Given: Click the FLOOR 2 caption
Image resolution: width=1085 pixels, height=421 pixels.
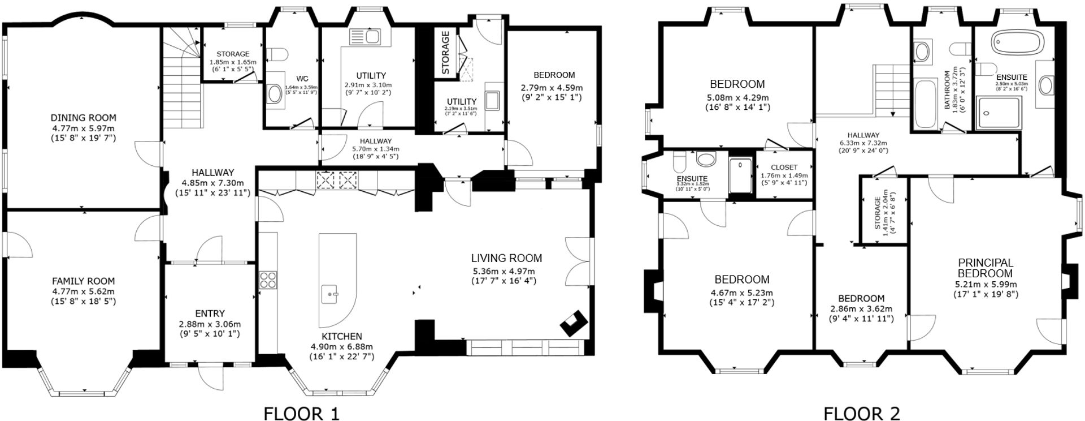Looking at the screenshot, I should click(x=861, y=413).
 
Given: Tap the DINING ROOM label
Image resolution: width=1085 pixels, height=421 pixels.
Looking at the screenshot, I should click(x=84, y=118).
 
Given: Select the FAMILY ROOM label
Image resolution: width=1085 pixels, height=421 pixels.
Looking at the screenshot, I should click(x=84, y=281).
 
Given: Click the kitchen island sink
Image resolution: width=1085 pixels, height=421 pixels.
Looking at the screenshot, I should click(x=332, y=294).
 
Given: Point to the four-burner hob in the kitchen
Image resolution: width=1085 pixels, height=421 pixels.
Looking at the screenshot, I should click(x=268, y=280).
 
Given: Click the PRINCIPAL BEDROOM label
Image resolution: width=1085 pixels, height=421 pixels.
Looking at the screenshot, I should click(x=986, y=268).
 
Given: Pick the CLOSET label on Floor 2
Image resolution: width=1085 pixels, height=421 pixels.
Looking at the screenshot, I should click(x=784, y=167).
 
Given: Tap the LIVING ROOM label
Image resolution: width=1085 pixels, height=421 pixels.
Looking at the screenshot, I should click(x=506, y=258).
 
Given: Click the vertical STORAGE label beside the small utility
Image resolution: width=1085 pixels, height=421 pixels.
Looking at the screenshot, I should click(x=445, y=53).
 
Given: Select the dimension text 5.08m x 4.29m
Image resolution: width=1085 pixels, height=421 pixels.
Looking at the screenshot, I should click(x=737, y=97).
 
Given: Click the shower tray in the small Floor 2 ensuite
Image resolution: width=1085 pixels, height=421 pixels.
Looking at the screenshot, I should click(x=740, y=177).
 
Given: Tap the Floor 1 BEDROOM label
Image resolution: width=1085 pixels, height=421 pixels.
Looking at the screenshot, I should click(x=554, y=75).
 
